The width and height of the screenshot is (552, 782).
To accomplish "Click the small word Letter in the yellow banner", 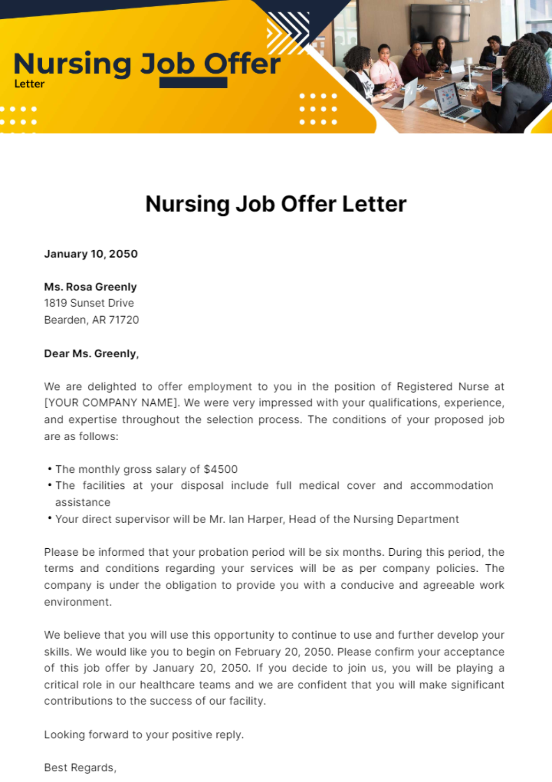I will pyautogui.click(x=29, y=84).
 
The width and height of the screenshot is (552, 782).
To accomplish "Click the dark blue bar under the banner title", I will pyautogui.click(x=193, y=83).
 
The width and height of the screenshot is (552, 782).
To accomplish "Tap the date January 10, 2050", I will pyautogui.click(x=91, y=254).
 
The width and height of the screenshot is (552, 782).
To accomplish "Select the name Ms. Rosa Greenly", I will pyautogui.click(x=90, y=287).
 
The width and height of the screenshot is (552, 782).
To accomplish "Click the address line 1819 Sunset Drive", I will pyautogui.click(x=89, y=303).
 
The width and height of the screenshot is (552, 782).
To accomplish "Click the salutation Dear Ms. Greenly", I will pyautogui.click(x=91, y=354).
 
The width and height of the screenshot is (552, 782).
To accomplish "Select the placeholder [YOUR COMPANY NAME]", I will pyautogui.click(x=110, y=403).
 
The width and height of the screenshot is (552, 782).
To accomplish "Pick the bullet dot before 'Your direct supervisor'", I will pyautogui.click(x=49, y=518).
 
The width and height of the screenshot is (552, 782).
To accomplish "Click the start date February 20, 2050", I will pyautogui.click(x=283, y=652).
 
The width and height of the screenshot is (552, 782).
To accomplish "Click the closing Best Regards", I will pyautogui.click(x=80, y=768).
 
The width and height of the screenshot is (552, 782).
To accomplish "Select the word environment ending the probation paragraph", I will pyautogui.click(x=77, y=602).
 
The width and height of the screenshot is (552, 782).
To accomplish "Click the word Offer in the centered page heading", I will pyautogui.click(x=309, y=204).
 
